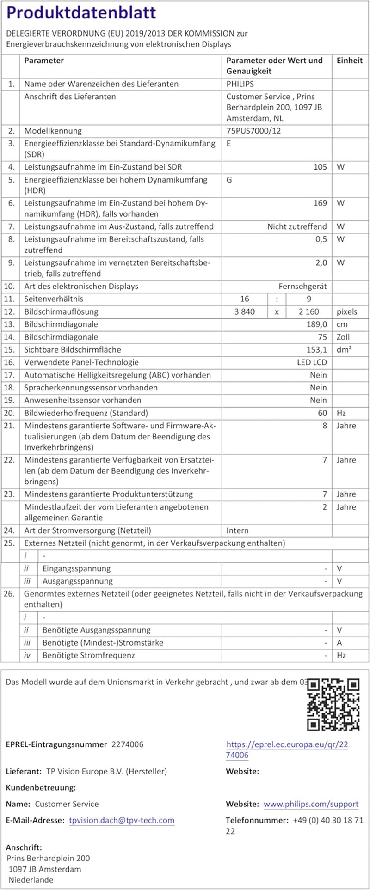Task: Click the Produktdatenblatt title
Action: pyautogui.click(x=81, y=13)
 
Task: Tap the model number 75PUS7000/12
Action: pyautogui.click(x=253, y=131)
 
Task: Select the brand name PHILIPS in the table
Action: pyautogui.click(x=240, y=84)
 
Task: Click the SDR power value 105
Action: pyautogui.click(x=320, y=167)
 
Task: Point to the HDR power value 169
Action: pyautogui.click(x=320, y=203)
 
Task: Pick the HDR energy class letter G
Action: pyautogui.click(x=229, y=180)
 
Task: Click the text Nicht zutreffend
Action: pyautogui.click(x=297, y=226)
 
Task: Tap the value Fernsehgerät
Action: pyautogui.click(x=302, y=286)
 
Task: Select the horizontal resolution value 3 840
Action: pyautogui.click(x=245, y=311)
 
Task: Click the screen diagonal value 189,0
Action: pyautogui.click(x=317, y=324)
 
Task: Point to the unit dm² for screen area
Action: pyautogui.click(x=344, y=350)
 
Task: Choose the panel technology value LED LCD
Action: pyautogui.click(x=312, y=362)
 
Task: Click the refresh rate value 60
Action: pyautogui.click(x=322, y=413)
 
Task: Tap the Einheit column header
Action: pyautogui.click(x=350, y=61)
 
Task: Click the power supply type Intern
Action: pyautogui.click(x=237, y=530)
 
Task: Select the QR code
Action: pyautogui.click(x=333, y=704)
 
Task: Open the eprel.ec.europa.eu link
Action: pyautogui.click(x=287, y=744)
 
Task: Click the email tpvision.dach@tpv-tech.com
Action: pyautogui.click(x=122, y=820)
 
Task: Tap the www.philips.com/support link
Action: pyautogui.click(x=311, y=804)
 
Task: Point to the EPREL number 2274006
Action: pyautogui.click(x=128, y=744)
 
